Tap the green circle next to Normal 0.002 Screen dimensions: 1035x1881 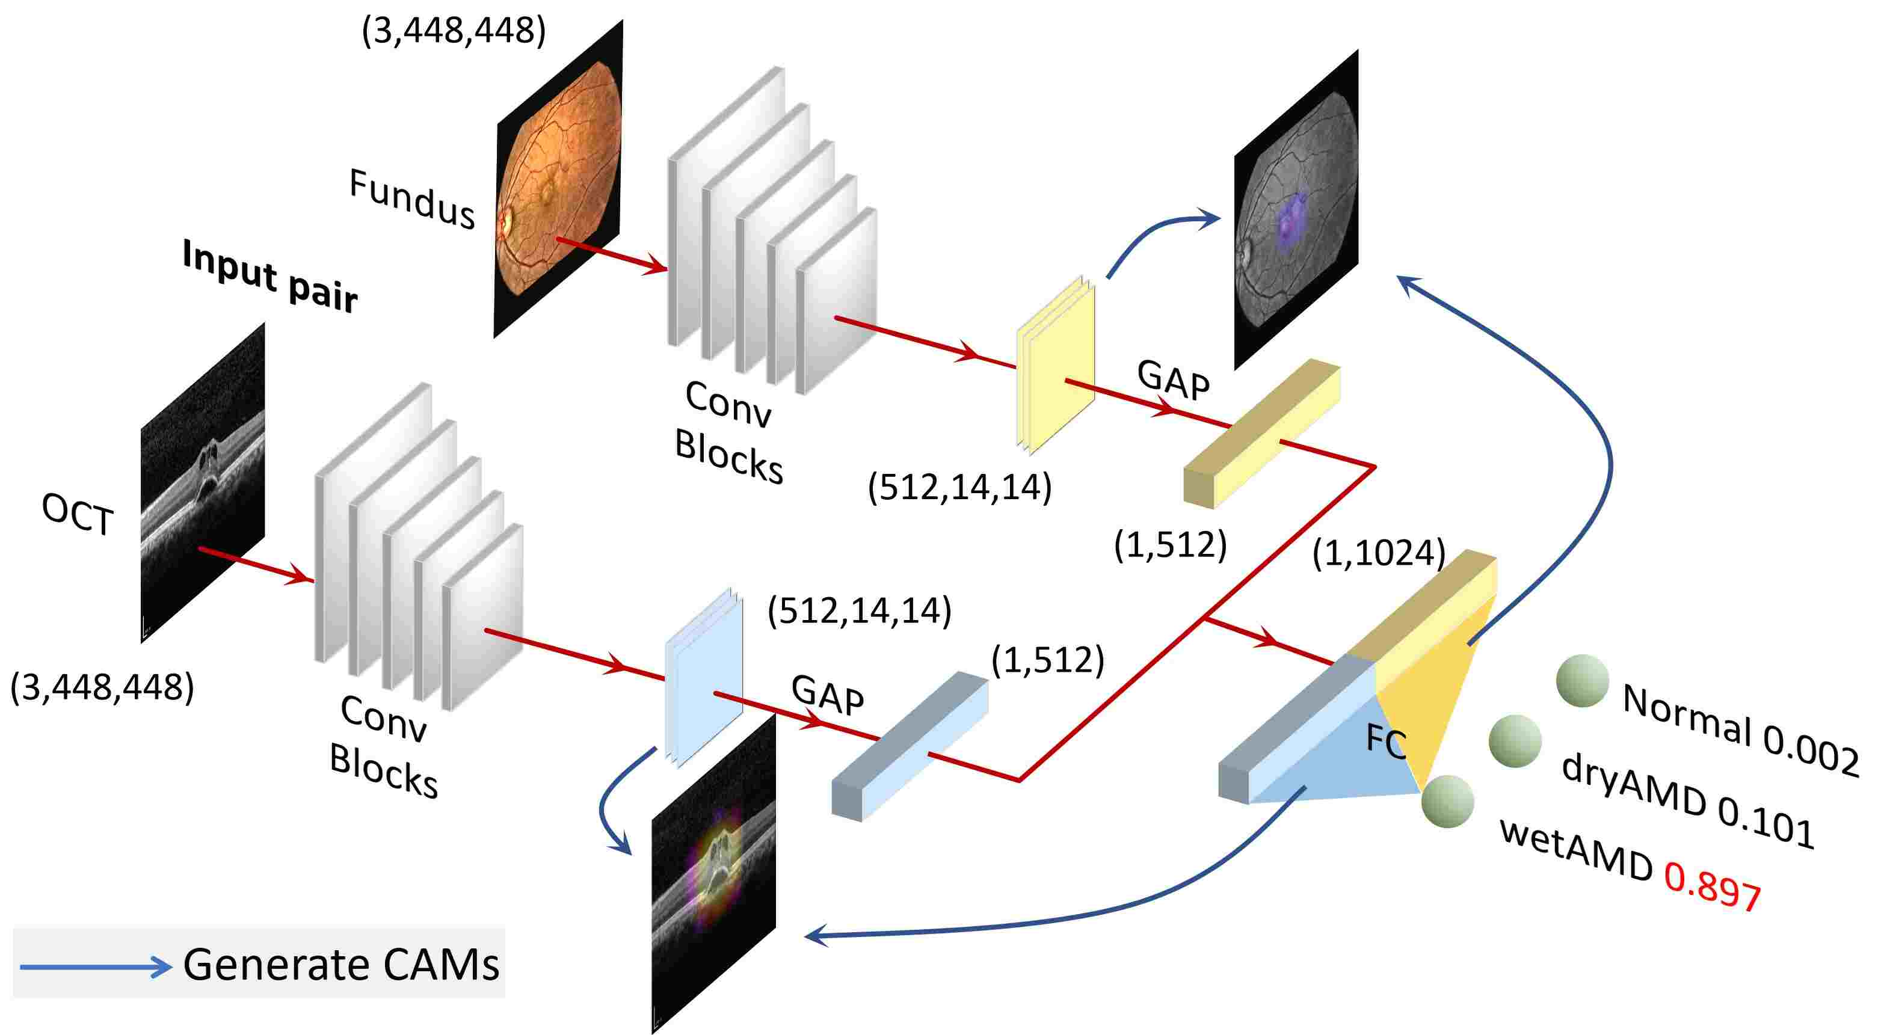[1583, 680]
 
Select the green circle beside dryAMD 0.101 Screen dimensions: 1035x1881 [1515, 741]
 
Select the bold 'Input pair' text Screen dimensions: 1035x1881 [269, 277]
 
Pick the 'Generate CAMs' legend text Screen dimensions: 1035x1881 [341, 965]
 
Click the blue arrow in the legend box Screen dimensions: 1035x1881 [95, 967]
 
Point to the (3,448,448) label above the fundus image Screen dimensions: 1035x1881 [454, 31]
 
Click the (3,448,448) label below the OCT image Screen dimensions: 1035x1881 [102, 687]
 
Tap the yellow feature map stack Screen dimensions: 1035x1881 [1055, 365]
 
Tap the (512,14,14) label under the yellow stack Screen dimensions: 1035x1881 [959, 488]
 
